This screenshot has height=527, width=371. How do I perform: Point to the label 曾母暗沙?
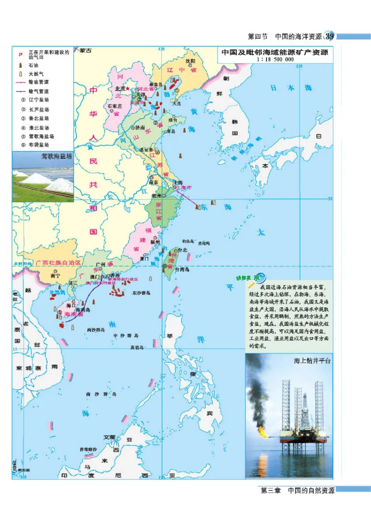click(88, 449)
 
